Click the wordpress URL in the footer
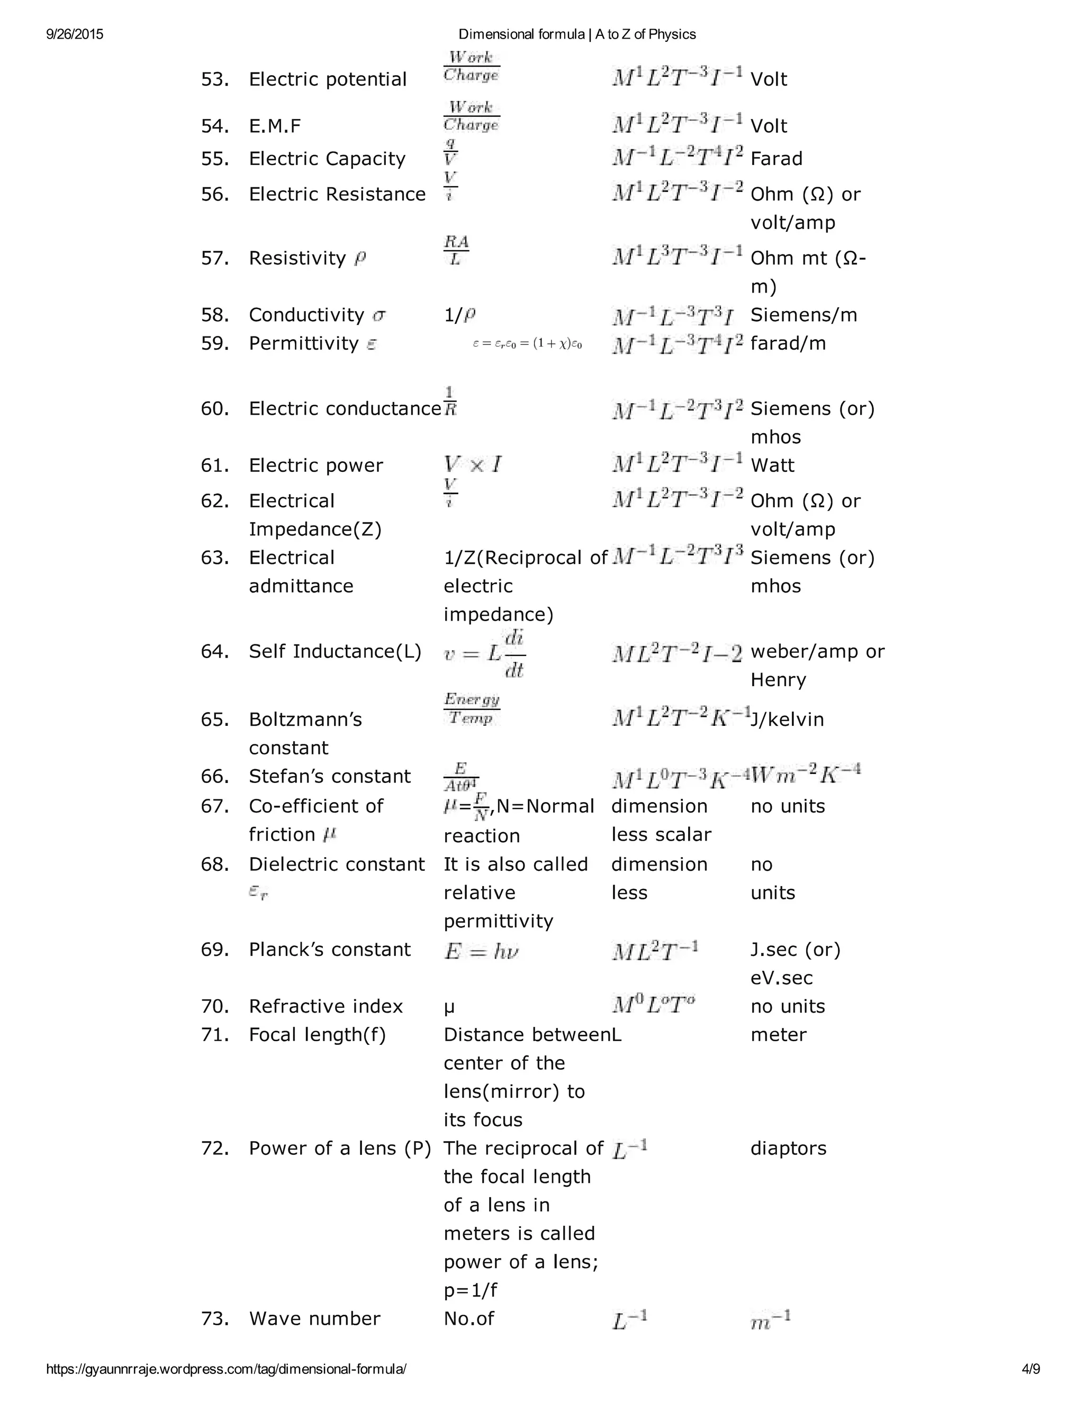click(x=226, y=1369)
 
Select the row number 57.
click(x=214, y=258)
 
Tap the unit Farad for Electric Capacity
click(x=776, y=159)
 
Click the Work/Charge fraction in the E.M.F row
click(x=472, y=116)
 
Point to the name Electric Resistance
click(x=337, y=194)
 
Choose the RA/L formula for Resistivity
click(x=456, y=250)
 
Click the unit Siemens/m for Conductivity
click(x=803, y=315)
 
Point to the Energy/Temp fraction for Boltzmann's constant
click(x=472, y=709)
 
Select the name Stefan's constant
click(x=329, y=776)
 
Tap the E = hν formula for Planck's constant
click(x=481, y=951)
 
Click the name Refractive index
click(x=326, y=1006)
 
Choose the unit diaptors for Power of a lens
click(x=788, y=1148)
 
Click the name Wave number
click(x=314, y=1318)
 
